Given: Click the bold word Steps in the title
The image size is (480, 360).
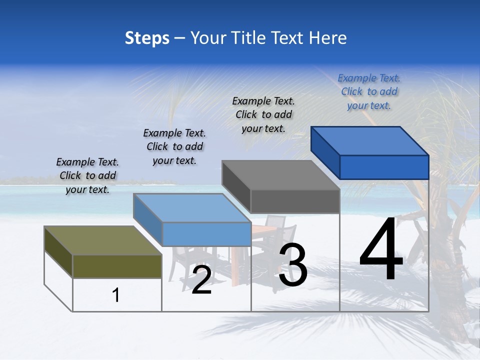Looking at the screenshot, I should point(147,38).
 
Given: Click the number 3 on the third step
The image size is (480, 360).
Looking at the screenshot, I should point(293,264).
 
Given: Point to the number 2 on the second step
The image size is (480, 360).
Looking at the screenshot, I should point(201,280).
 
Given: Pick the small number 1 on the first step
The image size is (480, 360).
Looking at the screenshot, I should point(116,295).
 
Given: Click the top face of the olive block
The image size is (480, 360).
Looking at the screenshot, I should point(103,240).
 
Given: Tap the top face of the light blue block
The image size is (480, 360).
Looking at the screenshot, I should point(192,208).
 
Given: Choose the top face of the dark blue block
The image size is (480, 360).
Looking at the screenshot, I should point(370,141).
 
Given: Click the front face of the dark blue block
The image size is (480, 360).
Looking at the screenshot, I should point(384,167).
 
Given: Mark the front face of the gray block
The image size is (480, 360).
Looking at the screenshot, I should point(295,201).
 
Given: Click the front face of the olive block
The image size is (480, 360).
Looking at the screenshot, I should point(117,266).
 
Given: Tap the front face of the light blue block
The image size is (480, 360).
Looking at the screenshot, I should point(206,234).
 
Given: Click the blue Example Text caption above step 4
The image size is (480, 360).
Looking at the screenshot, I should point(369,91).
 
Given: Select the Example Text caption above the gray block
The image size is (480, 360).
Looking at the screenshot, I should point(263,114).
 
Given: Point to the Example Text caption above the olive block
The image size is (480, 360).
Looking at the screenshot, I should point(87,175).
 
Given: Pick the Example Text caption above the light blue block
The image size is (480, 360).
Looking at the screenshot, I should point(174,146).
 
